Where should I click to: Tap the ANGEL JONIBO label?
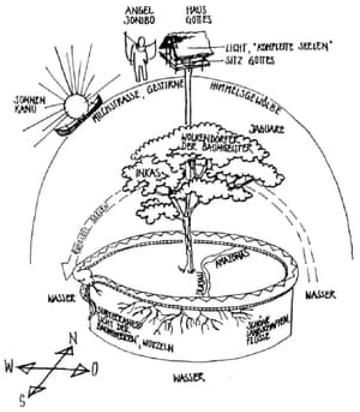pos(139,16)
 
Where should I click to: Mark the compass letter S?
pos(24,400)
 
